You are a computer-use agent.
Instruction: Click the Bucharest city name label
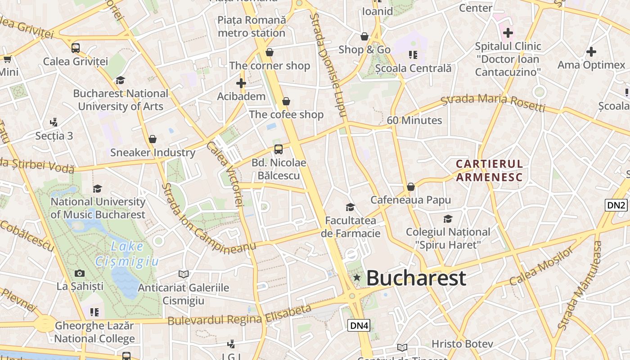[x=416, y=278]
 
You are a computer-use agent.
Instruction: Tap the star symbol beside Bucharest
[x=357, y=278]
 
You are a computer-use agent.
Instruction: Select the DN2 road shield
[x=616, y=205]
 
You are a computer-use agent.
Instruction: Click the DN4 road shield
[x=359, y=325]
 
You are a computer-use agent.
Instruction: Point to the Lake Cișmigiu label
[x=127, y=254]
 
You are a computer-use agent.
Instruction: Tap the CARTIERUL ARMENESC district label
[x=489, y=171]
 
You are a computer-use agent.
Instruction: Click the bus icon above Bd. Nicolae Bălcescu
[x=279, y=149]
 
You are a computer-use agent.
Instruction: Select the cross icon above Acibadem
[x=241, y=83]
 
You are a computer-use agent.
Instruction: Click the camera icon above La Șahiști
[x=80, y=273]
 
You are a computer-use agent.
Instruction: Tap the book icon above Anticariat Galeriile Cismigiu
[x=183, y=274]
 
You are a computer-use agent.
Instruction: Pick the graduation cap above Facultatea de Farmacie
[x=350, y=207]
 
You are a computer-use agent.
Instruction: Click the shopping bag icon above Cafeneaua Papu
[x=410, y=186]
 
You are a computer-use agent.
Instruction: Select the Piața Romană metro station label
[x=252, y=27]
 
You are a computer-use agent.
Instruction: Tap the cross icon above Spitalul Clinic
[x=508, y=33]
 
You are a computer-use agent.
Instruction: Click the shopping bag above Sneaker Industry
[x=153, y=139]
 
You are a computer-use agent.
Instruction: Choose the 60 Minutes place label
[x=414, y=120]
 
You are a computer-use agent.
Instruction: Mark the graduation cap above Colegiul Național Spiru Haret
[x=448, y=219]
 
